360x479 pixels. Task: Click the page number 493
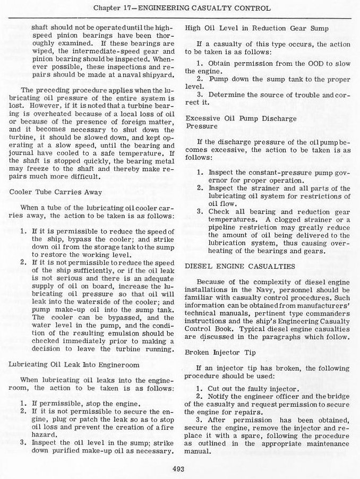pos(178,468)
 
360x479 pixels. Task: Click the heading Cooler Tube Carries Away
pos(56,192)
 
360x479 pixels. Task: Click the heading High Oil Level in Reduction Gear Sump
pos(257,28)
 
